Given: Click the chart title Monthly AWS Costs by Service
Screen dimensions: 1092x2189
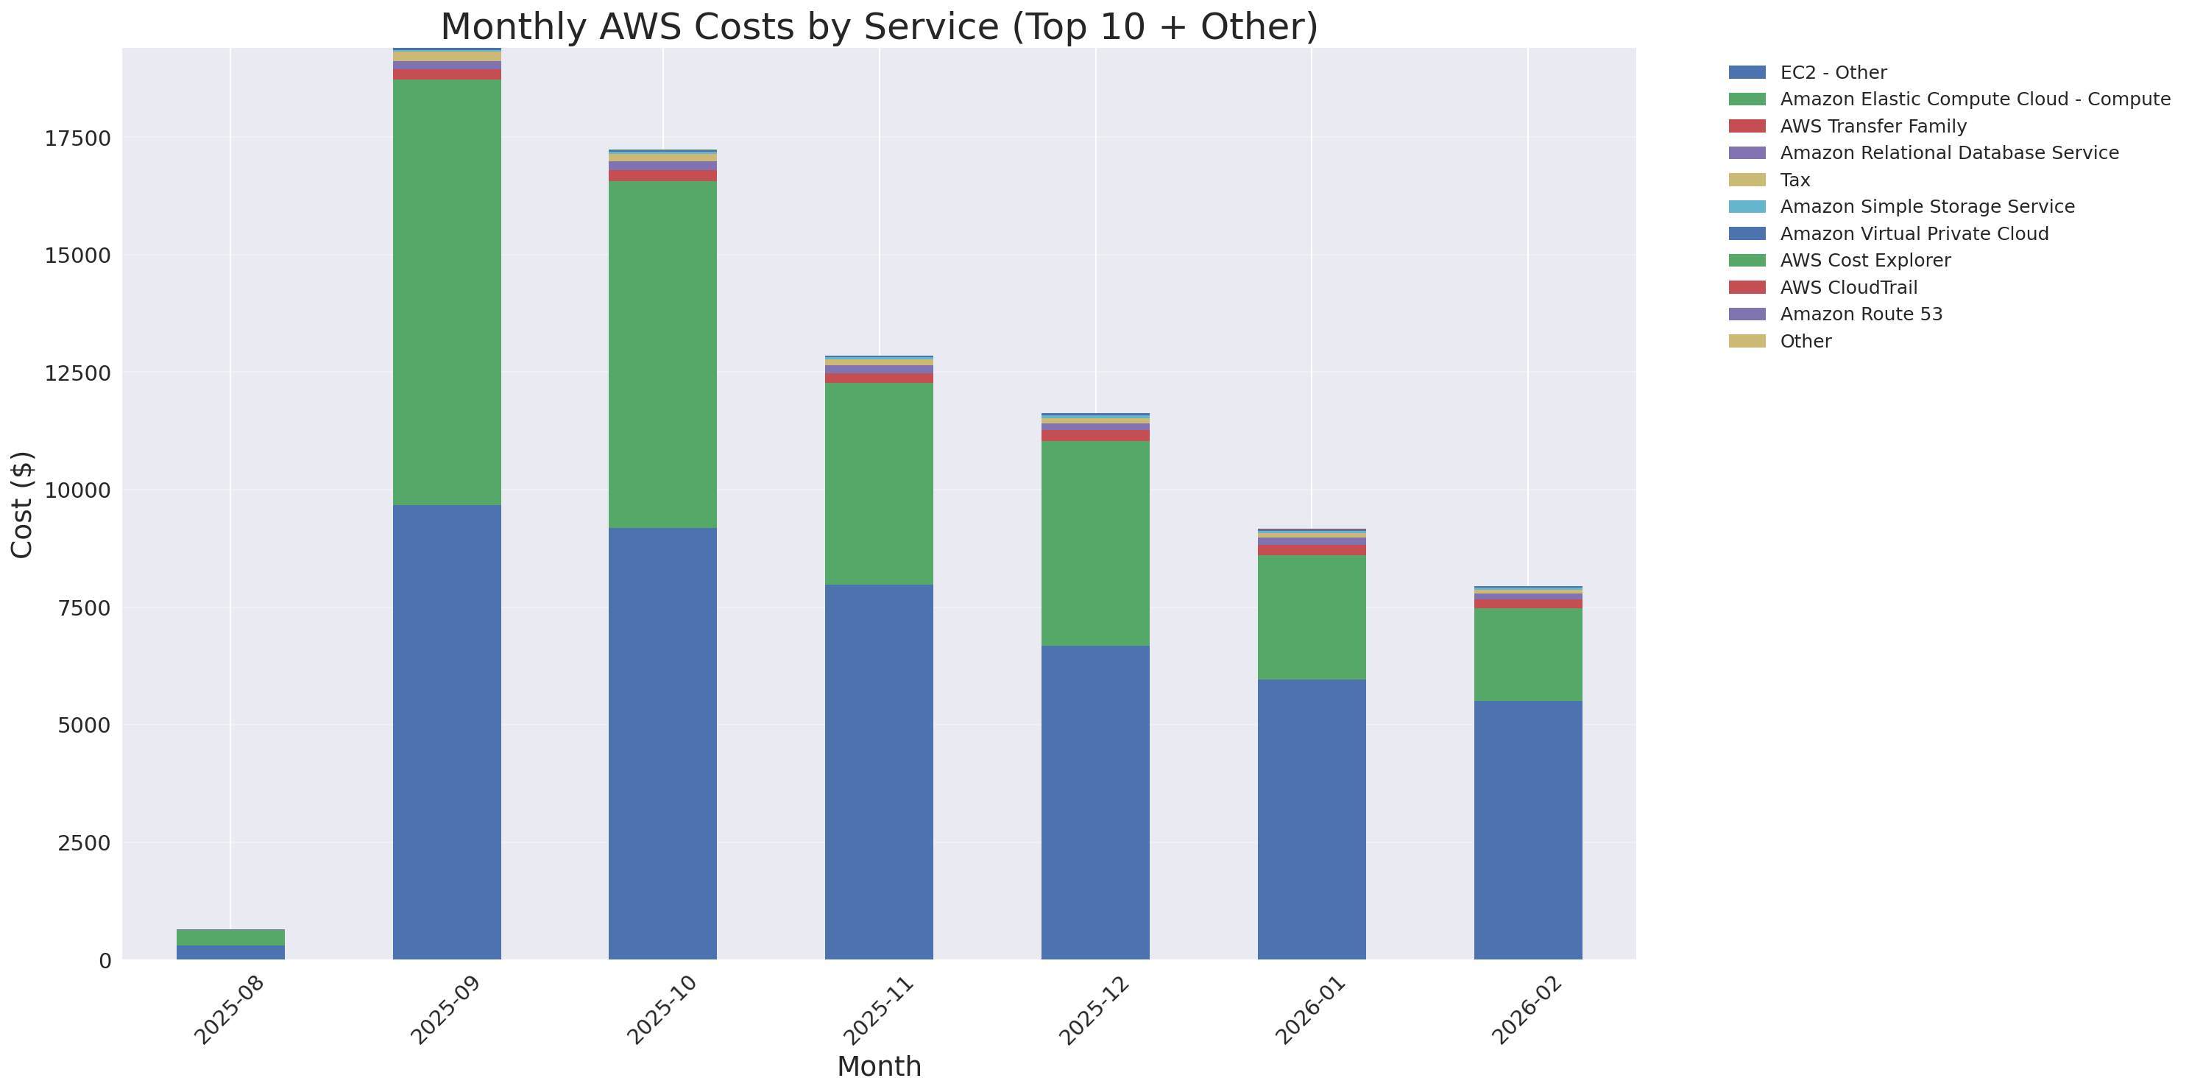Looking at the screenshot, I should click(x=879, y=27).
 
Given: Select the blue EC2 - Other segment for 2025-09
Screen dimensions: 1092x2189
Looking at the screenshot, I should click(x=446, y=732).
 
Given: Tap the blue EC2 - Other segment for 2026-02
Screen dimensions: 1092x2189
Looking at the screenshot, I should click(x=1527, y=829).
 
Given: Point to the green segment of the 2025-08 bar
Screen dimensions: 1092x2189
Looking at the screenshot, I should click(x=230, y=937).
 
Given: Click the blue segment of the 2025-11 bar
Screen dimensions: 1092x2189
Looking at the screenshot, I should click(x=879, y=772).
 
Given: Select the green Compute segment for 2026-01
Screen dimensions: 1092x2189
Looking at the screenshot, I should click(x=1311, y=617).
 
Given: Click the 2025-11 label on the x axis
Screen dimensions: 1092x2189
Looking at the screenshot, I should click(x=879, y=1010).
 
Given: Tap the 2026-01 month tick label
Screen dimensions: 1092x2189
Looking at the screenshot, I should click(x=1310, y=1010).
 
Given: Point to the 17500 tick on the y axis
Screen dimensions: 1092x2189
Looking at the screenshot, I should click(x=77, y=138).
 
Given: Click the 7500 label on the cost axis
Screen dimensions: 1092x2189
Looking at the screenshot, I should click(x=83, y=608).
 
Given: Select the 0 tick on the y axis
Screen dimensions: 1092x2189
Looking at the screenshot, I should click(x=105, y=960).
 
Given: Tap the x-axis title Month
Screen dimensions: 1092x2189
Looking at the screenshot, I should click(x=879, y=1065).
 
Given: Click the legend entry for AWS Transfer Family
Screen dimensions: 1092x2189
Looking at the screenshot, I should click(x=1873, y=127).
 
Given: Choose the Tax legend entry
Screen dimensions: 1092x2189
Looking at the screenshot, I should click(x=1794, y=180).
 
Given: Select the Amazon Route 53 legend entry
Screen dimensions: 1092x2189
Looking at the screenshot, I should click(x=1861, y=314).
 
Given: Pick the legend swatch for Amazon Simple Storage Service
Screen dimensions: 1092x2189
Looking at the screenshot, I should click(x=1747, y=206).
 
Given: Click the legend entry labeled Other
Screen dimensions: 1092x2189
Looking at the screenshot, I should click(x=1805, y=342).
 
